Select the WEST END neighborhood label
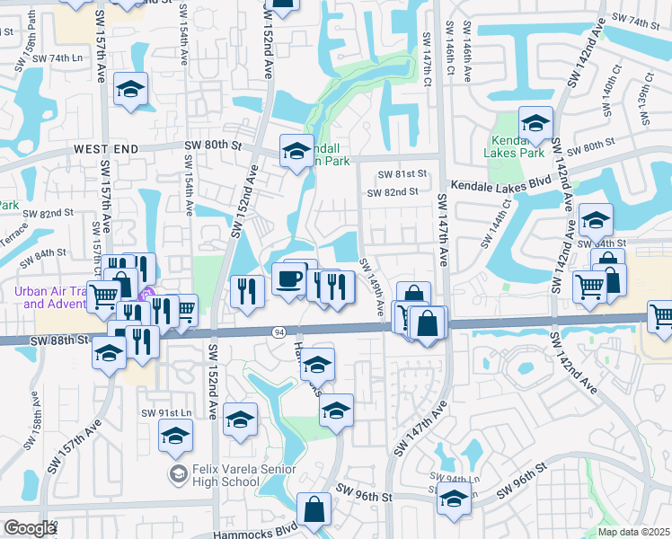coord(107,148)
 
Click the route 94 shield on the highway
coord(279,332)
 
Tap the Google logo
coord(30,528)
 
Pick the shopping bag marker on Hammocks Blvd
coord(315,510)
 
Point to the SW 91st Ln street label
coord(166,412)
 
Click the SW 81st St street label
coord(402,174)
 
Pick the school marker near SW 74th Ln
coord(131,90)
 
